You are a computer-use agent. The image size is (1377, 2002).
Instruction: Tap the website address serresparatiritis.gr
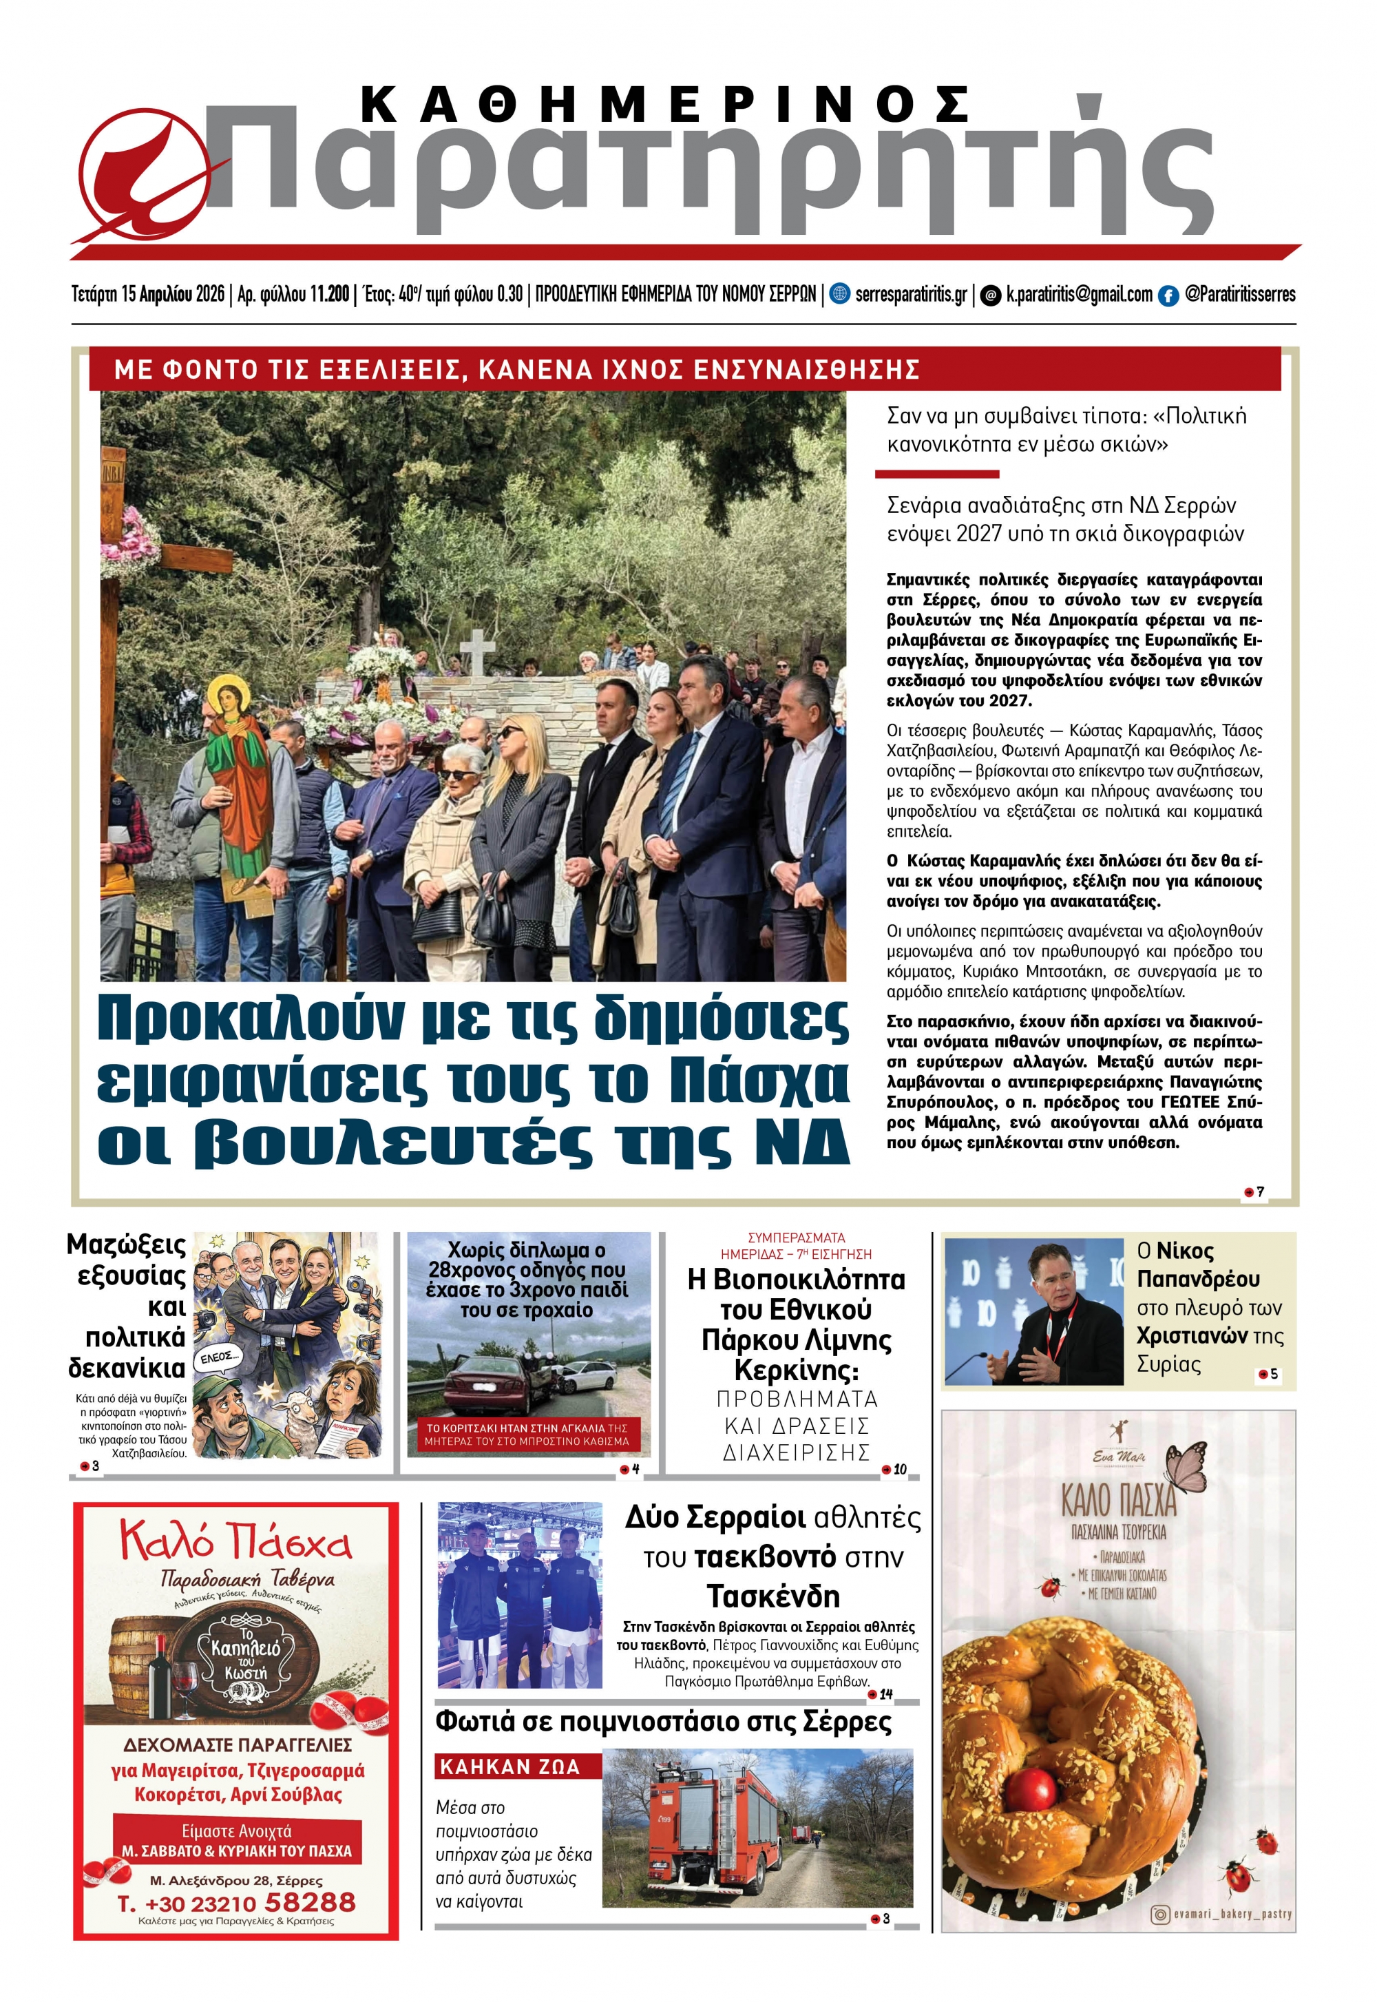tap(910, 294)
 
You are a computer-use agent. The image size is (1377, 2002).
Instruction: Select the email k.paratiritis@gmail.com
tap(1078, 294)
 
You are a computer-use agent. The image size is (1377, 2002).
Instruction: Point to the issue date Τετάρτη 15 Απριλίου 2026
tap(147, 294)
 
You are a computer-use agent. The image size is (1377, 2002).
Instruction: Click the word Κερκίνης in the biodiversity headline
tap(795, 1370)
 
